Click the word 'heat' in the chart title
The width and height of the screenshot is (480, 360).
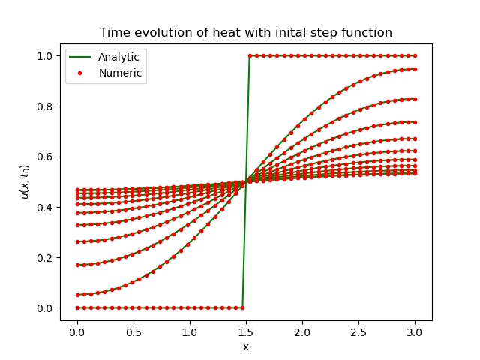213,33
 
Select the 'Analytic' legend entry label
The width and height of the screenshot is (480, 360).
118,58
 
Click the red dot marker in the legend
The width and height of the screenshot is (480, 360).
81,73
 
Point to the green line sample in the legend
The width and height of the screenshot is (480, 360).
81,58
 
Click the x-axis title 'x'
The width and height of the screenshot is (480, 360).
245,346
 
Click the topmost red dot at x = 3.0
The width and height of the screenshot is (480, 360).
415,55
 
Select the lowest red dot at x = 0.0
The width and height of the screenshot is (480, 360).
76,307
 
